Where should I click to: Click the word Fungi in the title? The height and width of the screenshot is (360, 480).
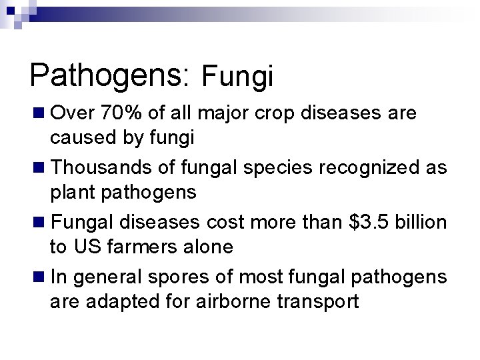[237, 77]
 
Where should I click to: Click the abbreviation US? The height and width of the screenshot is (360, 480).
[87, 247]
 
